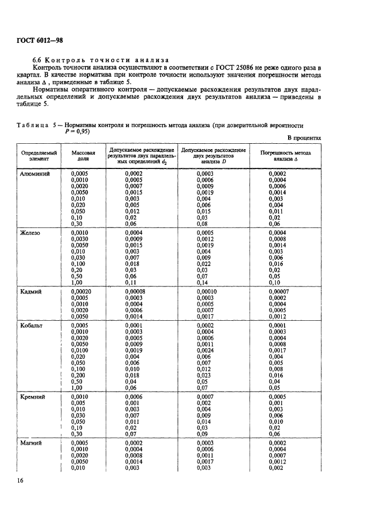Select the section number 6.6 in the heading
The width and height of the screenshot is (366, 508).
click(38, 60)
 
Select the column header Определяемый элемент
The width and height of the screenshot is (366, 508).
click(38, 156)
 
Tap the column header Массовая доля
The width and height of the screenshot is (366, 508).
click(83, 156)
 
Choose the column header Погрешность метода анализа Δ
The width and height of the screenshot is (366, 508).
click(285, 156)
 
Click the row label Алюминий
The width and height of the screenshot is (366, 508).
click(35, 174)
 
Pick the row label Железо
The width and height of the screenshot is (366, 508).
click(31, 233)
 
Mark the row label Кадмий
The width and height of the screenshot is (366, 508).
click(31, 292)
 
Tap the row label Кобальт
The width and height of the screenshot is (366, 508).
click(32, 326)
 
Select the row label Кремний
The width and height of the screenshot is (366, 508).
click(33, 397)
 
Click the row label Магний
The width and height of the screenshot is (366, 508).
click(31, 443)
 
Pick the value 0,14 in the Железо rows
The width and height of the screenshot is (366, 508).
click(202, 282)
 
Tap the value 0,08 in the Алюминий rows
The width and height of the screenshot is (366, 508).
click(202, 224)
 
